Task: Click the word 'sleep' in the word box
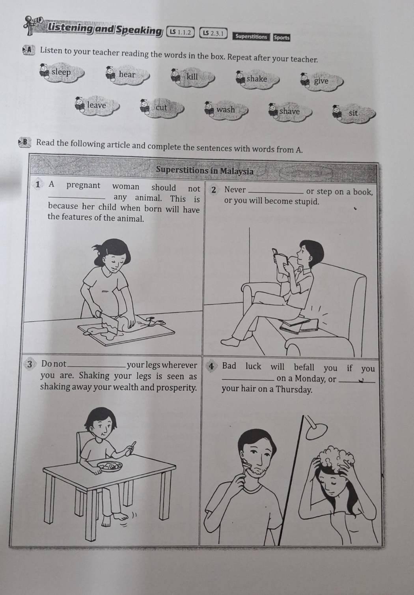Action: (61, 72)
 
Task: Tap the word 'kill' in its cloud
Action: (192, 77)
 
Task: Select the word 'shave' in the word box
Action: (289, 111)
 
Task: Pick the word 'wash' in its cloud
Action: (226, 109)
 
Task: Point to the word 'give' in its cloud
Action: (321, 81)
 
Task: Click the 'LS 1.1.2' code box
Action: (180, 32)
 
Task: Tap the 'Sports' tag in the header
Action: (282, 37)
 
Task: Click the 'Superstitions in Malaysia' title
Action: (205, 170)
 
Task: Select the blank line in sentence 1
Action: (77, 198)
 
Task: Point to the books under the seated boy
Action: (298, 325)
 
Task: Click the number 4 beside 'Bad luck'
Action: (211, 367)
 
